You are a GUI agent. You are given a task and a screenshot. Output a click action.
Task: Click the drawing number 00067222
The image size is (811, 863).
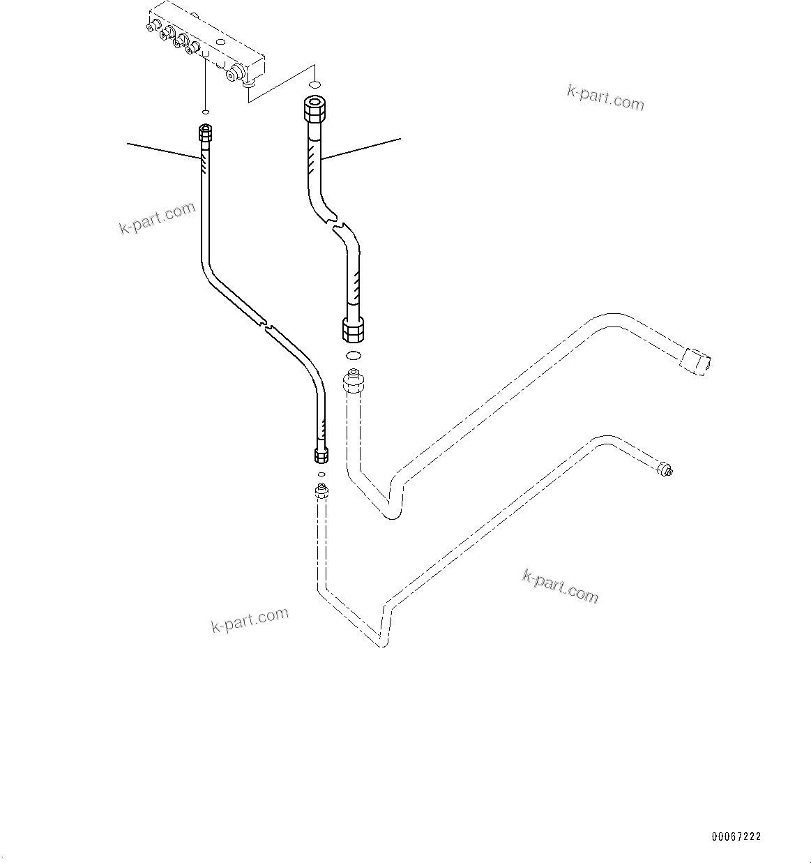(736, 836)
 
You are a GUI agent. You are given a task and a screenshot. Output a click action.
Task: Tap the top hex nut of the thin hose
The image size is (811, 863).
(205, 131)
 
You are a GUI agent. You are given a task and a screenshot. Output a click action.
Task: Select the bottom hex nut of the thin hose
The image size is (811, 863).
(321, 456)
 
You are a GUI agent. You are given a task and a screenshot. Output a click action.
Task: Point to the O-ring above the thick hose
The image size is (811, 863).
(315, 83)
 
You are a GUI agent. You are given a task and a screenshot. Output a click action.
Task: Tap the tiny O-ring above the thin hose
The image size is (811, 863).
(205, 111)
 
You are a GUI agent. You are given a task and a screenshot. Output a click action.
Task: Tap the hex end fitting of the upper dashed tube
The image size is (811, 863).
(695, 360)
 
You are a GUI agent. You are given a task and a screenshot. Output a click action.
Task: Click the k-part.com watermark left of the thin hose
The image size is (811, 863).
(157, 218)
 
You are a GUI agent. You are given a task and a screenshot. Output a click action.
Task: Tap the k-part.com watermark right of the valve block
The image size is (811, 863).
(605, 98)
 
